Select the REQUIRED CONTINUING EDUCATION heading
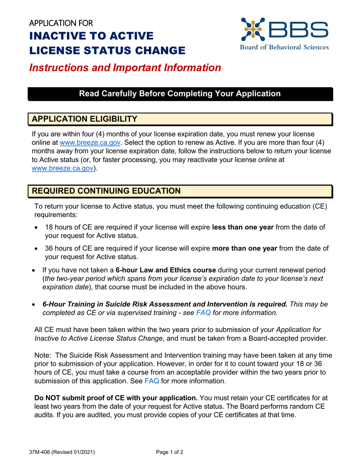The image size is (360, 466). (106, 191)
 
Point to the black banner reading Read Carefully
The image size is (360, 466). (180, 94)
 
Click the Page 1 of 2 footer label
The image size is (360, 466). (170, 452)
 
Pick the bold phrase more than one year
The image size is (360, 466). (244, 249)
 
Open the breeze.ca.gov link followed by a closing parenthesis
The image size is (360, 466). (62, 168)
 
